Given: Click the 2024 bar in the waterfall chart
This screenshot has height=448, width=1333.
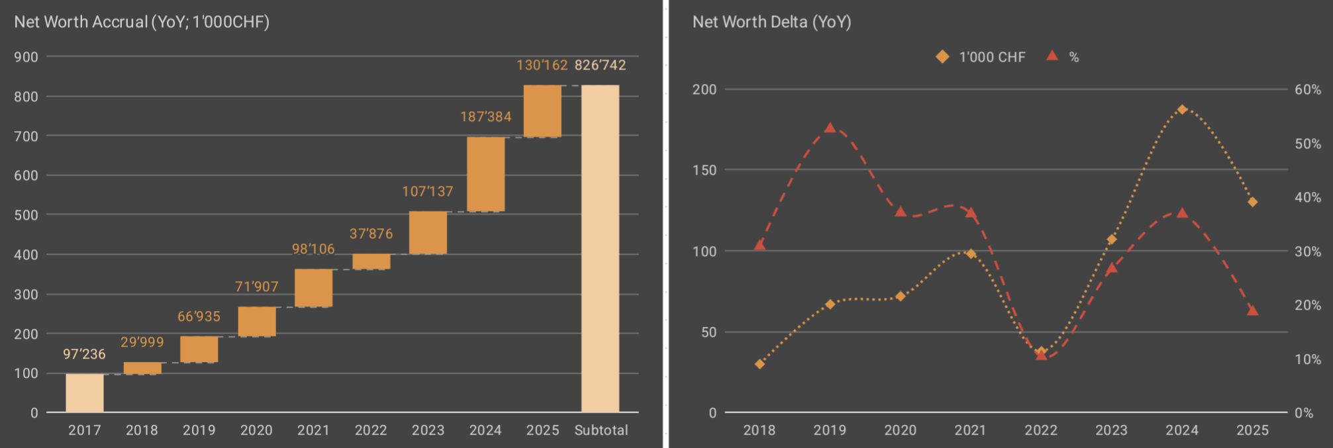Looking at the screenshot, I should pyautogui.click(x=485, y=174).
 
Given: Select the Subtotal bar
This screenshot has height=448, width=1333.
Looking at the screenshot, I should pyautogui.click(x=600, y=248).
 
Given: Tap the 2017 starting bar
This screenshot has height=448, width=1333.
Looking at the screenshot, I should pyautogui.click(x=85, y=393).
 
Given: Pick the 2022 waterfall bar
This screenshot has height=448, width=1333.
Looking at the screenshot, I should pyautogui.click(x=371, y=261).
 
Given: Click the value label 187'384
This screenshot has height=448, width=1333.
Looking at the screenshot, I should pyautogui.click(x=486, y=117).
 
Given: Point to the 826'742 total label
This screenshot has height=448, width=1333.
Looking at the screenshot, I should pyautogui.click(x=600, y=66).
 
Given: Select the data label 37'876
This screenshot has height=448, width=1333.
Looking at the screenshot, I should pyautogui.click(x=371, y=234).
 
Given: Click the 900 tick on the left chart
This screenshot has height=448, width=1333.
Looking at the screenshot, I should pyautogui.click(x=26, y=57).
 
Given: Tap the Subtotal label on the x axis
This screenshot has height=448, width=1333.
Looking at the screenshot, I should pyautogui.click(x=601, y=430).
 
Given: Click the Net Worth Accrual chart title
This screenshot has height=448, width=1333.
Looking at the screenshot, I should pyautogui.click(x=142, y=22).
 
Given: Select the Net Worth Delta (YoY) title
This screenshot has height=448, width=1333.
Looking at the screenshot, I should pyautogui.click(x=771, y=22).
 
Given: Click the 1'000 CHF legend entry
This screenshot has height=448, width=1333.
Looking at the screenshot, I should pyautogui.click(x=981, y=57).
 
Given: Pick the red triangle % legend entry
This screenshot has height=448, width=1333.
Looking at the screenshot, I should pyautogui.click(x=1063, y=57).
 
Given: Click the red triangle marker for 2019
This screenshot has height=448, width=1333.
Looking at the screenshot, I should pyautogui.click(x=830, y=128).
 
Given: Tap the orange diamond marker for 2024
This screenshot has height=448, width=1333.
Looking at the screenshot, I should pyautogui.click(x=1182, y=109).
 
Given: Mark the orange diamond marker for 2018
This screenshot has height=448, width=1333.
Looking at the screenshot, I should pyautogui.click(x=760, y=364).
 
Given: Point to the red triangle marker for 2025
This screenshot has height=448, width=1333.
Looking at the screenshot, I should pyautogui.click(x=1252, y=310).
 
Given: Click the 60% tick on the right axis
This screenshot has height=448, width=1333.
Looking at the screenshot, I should pyautogui.click(x=1307, y=89).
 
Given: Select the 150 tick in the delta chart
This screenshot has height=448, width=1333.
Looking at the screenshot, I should pyautogui.click(x=705, y=170).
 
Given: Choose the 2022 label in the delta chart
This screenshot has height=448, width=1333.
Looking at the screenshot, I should pyautogui.click(x=1041, y=430).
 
